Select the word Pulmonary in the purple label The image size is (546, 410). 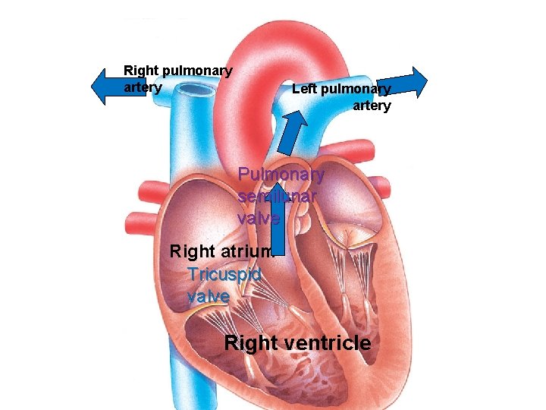[281, 175]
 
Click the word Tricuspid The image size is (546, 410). [224, 275]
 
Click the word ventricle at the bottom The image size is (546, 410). [327, 343]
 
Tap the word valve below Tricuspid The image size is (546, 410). [208, 296]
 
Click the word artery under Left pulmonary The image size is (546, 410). [372, 106]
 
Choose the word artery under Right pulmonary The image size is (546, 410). [143, 87]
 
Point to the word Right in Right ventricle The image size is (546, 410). [251, 343]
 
